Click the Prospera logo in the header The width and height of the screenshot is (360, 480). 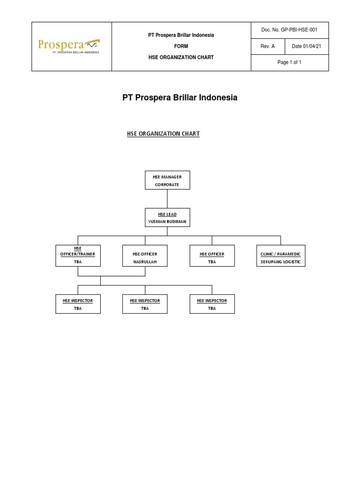tap(68, 46)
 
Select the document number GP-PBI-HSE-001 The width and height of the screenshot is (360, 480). tap(290, 30)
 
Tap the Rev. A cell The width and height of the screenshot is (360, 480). tap(267, 46)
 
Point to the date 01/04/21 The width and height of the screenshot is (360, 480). tap(307, 46)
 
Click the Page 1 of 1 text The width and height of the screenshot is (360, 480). tap(290, 62)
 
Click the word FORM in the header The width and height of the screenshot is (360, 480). tap(181, 46)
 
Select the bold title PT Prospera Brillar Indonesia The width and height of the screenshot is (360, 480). tap(180, 98)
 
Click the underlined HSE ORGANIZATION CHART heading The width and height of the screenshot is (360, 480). tap(163, 134)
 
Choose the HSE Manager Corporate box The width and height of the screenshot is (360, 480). tap(167, 180)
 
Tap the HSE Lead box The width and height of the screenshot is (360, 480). tap(167, 217)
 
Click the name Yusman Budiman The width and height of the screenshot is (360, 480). tap(167, 222)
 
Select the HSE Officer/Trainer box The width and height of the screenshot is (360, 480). tap(78, 255)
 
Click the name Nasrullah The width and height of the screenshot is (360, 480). tap(144, 262)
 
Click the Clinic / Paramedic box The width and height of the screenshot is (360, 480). tap(281, 255)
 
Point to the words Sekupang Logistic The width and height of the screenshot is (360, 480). tap(281, 262)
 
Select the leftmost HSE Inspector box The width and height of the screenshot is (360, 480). tap(78, 304)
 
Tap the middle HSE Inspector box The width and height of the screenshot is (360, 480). tap(145, 304)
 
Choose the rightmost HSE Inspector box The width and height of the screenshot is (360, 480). tap(212, 304)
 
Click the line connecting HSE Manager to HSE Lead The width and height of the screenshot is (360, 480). tap(167, 199)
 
